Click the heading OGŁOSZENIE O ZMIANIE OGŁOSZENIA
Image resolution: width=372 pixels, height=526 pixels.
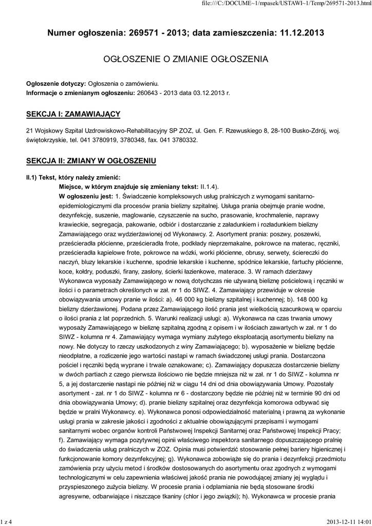(x=186, y=60)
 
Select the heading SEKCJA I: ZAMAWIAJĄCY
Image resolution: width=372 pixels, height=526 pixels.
(x=73, y=113)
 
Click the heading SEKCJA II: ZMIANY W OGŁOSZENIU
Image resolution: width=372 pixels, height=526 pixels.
(x=91, y=161)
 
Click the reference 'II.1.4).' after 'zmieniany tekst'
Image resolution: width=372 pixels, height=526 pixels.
(x=196, y=187)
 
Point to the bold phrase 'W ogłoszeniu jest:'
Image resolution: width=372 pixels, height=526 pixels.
(x=86, y=196)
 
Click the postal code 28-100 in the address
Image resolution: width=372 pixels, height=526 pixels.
(x=276, y=130)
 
